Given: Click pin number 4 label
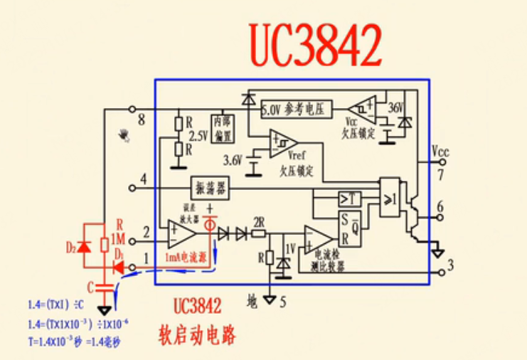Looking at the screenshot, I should click(x=144, y=179).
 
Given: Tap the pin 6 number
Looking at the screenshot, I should click(x=440, y=207).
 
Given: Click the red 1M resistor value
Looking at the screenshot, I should click(x=119, y=238).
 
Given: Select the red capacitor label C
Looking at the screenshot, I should click(x=90, y=288).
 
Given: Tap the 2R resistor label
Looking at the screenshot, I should click(x=259, y=220).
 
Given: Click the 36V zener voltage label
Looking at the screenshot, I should click(x=395, y=107).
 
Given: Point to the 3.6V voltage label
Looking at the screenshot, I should click(x=233, y=159).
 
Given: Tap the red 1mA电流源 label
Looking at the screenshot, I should click(x=187, y=255).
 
